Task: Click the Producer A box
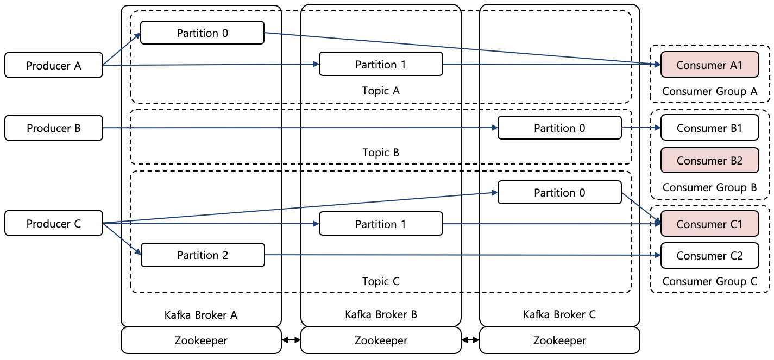(x=54, y=65)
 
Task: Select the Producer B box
(x=54, y=128)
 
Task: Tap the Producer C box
(x=54, y=224)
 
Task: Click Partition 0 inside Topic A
(x=202, y=33)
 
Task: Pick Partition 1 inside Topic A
(x=381, y=65)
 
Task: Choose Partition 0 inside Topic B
(x=559, y=128)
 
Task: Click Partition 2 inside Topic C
(x=203, y=255)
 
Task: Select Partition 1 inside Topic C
(x=381, y=224)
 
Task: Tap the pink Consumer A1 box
(x=709, y=65)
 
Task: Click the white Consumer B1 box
(x=709, y=128)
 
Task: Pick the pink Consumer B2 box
(x=709, y=160)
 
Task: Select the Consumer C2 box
(x=709, y=256)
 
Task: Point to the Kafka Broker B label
(x=381, y=314)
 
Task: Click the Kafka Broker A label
(x=201, y=314)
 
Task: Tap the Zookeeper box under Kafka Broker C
(x=559, y=340)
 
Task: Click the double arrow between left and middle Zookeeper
(x=291, y=340)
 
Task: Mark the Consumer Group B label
(x=709, y=187)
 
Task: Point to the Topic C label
(x=381, y=281)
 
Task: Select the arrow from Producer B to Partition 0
(x=299, y=128)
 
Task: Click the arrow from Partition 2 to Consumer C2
(x=462, y=255)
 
